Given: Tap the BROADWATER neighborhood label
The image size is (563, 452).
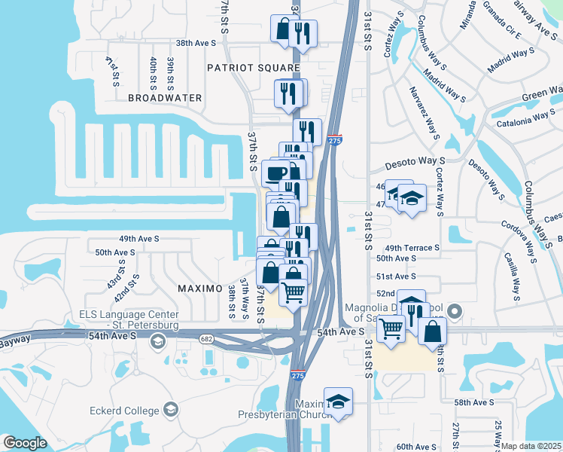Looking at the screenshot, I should [165, 98].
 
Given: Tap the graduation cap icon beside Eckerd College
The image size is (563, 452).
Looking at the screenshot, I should [171, 411].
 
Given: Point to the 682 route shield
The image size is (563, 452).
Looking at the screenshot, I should [205, 339].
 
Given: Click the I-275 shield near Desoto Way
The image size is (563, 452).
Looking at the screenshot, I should [335, 140].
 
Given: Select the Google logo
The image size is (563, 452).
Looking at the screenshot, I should [25, 443].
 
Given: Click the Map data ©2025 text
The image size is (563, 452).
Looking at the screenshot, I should [531, 446].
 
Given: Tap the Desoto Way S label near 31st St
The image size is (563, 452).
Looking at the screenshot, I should [415, 162].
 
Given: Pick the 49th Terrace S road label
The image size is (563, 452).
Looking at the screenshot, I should [412, 248].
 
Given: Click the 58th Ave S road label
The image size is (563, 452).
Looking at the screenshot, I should [473, 403].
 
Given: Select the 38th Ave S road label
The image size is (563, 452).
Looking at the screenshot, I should [196, 44].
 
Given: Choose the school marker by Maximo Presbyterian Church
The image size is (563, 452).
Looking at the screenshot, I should [339, 402].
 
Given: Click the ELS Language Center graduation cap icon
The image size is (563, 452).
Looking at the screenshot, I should [157, 343].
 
